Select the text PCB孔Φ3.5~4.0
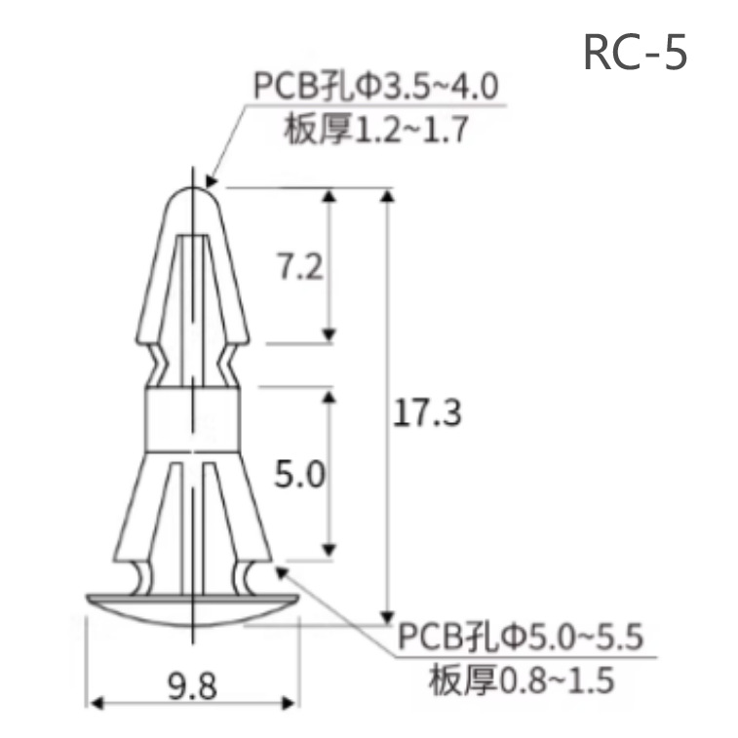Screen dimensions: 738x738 377,88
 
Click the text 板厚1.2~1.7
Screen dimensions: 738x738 377,128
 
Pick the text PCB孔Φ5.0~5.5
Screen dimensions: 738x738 521,640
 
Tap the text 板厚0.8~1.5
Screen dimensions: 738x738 521,680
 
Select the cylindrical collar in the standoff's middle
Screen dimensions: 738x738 192,419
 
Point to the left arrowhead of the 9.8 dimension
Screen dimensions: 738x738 94,701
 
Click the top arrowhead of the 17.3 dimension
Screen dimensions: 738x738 390,196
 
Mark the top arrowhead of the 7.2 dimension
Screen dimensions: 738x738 330,196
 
